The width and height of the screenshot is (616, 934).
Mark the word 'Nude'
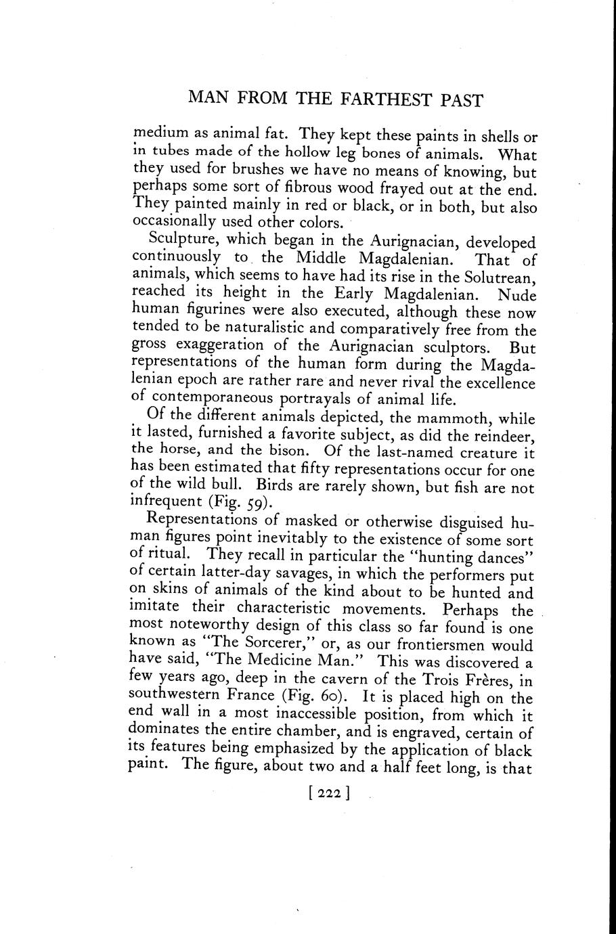(516, 294)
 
